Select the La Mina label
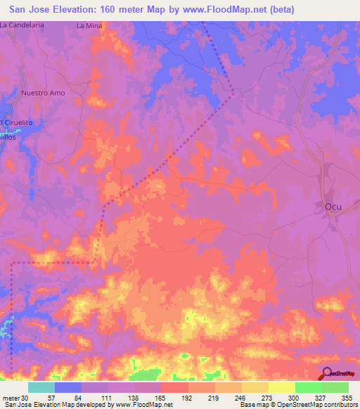coord(89,25)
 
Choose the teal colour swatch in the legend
coord(41,387)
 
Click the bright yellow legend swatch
coord(281,387)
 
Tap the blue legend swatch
coord(68,387)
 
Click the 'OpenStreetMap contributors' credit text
coord(309,405)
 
